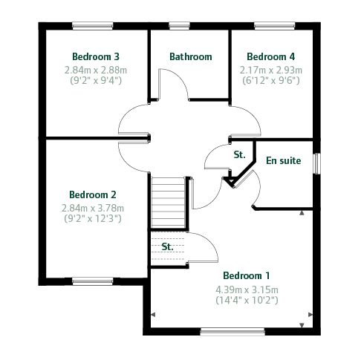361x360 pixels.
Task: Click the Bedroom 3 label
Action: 96,56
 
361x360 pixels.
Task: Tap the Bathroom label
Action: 191,56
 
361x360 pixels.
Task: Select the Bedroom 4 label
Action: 271,56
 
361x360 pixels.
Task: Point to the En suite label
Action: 284,160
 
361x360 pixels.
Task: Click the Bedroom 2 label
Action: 93,194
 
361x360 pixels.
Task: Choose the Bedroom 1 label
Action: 247,275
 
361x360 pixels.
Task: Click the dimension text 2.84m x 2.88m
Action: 96,71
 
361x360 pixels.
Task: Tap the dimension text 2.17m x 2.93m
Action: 271,71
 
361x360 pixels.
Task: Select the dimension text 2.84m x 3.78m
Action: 93,209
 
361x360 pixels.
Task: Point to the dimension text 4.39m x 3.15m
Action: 247,289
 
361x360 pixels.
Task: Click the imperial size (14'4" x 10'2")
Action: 247,300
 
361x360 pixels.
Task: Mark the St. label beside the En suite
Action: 239,154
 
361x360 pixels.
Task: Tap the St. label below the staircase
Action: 167,246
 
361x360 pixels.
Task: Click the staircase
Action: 169,202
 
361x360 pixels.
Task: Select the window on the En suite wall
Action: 316,163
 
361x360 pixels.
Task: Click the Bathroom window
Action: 179,26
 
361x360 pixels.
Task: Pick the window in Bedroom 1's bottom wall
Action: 232,332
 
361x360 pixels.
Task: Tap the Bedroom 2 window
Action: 93,281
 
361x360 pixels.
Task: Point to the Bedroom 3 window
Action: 93,26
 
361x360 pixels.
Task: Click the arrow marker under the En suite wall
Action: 302,213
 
